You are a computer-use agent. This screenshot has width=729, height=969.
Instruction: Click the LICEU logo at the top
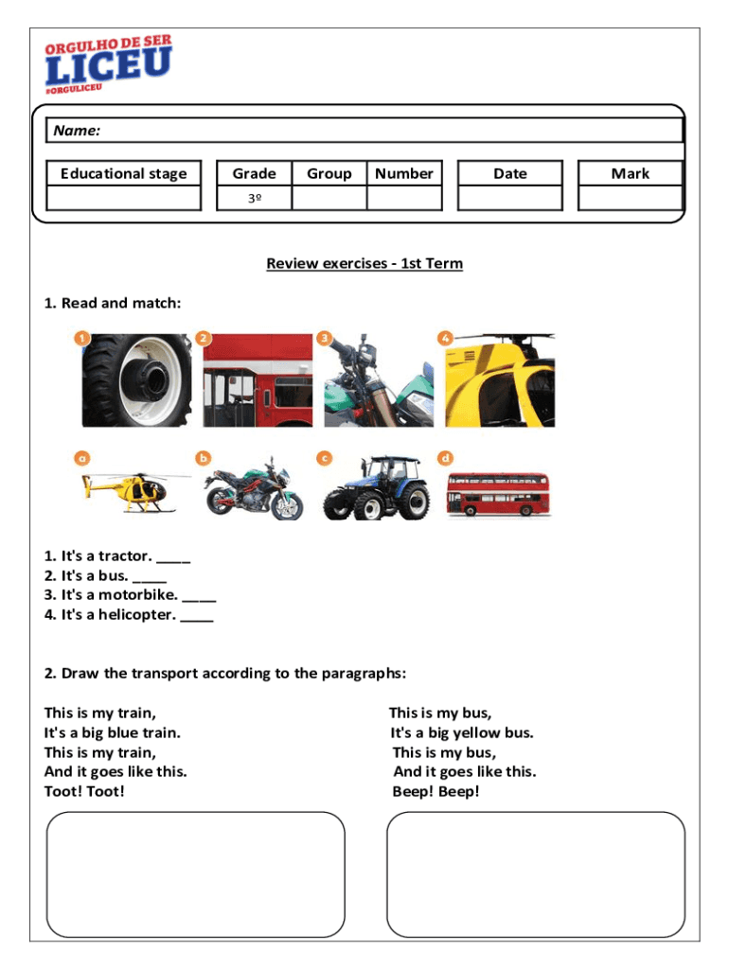[108, 64]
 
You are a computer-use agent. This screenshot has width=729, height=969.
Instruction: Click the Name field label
[78, 131]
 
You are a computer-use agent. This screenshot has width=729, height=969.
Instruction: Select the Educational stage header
[124, 173]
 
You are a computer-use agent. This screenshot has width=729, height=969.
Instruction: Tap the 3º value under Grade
[255, 199]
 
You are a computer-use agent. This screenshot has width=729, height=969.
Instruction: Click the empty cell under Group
[329, 198]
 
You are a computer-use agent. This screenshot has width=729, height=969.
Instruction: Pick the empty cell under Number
[404, 198]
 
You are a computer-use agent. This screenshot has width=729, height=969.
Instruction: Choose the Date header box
[510, 173]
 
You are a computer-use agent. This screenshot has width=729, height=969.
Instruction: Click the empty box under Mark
[630, 198]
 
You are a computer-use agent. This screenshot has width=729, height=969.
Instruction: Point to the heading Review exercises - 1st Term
[364, 263]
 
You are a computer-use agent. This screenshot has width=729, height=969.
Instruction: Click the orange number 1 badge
[82, 338]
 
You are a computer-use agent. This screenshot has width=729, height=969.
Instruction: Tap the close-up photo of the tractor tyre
[137, 380]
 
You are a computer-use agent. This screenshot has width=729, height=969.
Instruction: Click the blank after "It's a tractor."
[173, 556]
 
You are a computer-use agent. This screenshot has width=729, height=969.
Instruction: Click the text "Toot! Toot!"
[85, 790]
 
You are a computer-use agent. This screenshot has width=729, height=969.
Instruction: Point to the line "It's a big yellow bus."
[462, 732]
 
